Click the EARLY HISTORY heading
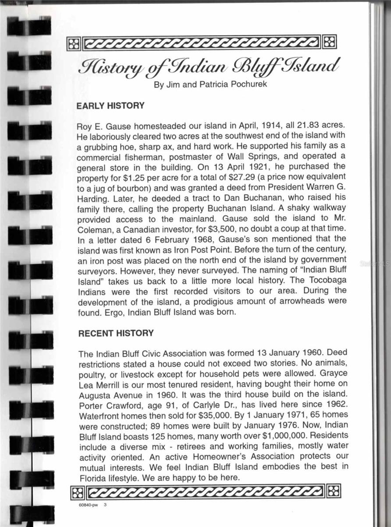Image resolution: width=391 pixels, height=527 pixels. click(x=110, y=106)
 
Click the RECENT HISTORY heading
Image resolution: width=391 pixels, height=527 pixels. click(x=116, y=333)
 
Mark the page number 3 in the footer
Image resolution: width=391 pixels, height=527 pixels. click(x=105, y=505)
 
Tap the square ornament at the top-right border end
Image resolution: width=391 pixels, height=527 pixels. click(x=329, y=43)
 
